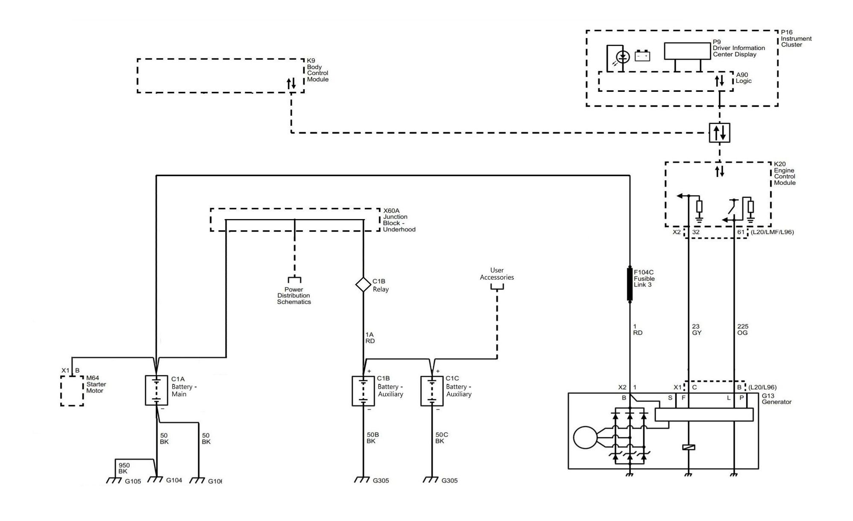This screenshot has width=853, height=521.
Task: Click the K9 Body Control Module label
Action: [x=318, y=70]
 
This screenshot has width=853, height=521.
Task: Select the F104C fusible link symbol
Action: [x=630, y=284]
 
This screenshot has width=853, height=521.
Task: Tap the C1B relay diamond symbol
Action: [x=363, y=284]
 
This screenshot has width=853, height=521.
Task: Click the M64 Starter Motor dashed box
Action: [x=72, y=391]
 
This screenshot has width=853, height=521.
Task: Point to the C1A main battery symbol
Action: [x=156, y=390]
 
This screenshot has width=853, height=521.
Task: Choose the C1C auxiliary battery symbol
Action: [x=431, y=391]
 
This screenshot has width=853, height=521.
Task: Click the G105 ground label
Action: [x=133, y=481]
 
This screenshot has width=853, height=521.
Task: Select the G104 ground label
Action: [x=174, y=480]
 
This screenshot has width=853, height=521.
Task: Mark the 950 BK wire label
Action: [x=124, y=468]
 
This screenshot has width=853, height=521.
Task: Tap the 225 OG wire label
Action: [x=743, y=330]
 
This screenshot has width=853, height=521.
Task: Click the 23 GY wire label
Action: [x=697, y=330]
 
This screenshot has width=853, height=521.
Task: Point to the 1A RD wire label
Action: [x=370, y=338]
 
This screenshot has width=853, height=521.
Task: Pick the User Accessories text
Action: [x=497, y=274]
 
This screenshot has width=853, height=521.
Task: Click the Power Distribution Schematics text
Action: [x=294, y=296]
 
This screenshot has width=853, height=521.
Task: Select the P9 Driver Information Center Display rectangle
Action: [x=687, y=51]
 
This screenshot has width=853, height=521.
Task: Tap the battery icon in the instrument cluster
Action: [x=642, y=56]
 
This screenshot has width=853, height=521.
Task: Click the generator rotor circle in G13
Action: [x=586, y=438]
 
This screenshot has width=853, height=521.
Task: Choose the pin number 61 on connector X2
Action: [x=741, y=232]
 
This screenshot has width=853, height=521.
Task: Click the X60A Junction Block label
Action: [x=399, y=220]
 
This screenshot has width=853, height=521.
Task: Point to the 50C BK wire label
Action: [x=442, y=438]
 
